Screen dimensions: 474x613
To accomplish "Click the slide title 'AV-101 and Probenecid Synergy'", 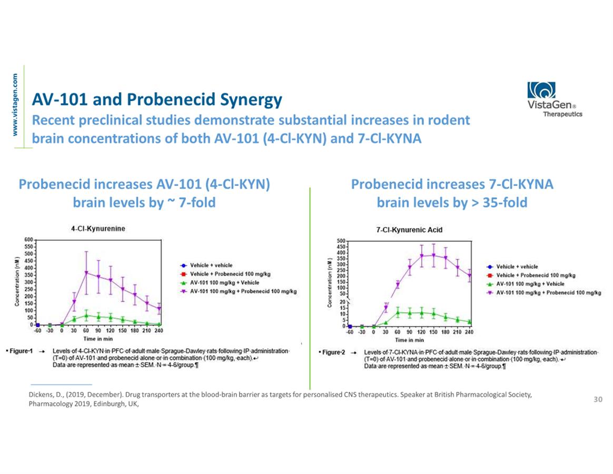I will click(x=157, y=99).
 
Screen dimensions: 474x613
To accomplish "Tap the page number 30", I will click(x=598, y=400).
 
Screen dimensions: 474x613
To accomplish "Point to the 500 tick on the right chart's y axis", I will click(x=340, y=241).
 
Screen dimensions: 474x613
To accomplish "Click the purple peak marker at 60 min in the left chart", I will click(x=86, y=273).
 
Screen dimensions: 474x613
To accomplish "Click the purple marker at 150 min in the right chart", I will click(x=433, y=255).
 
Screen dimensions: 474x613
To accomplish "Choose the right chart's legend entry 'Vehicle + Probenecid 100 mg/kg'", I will click(x=536, y=275).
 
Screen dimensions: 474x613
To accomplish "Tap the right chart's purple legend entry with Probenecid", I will click(x=548, y=292).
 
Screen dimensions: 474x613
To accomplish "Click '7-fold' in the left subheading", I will click(x=196, y=202).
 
